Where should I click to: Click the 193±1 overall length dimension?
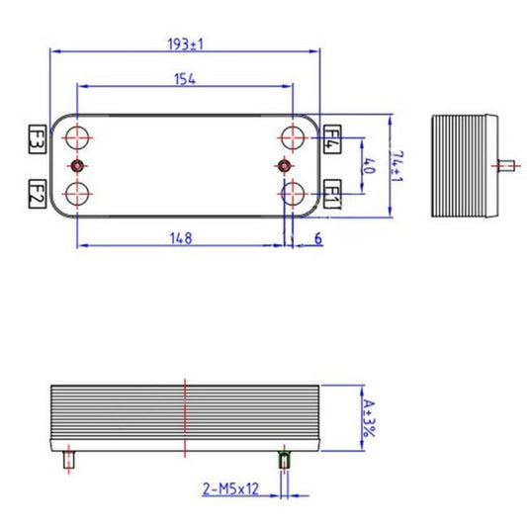(186, 44)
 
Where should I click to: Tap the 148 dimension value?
(179, 237)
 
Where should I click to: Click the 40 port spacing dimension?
(369, 164)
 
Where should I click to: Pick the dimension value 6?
(318, 237)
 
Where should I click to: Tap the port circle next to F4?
(293, 136)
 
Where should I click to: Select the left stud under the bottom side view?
(68, 459)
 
